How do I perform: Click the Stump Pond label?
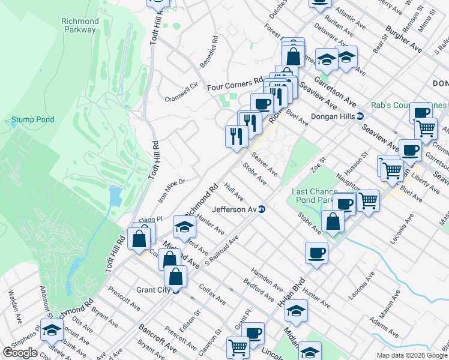[x=33, y=119]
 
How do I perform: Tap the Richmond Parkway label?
[x=80, y=26]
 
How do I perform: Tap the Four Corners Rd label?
[x=235, y=87]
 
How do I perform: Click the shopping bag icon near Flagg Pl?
[x=139, y=238]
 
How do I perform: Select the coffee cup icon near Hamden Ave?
[x=316, y=253]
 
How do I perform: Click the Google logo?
[x=20, y=352]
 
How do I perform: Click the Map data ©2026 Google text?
[x=412, y=355]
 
